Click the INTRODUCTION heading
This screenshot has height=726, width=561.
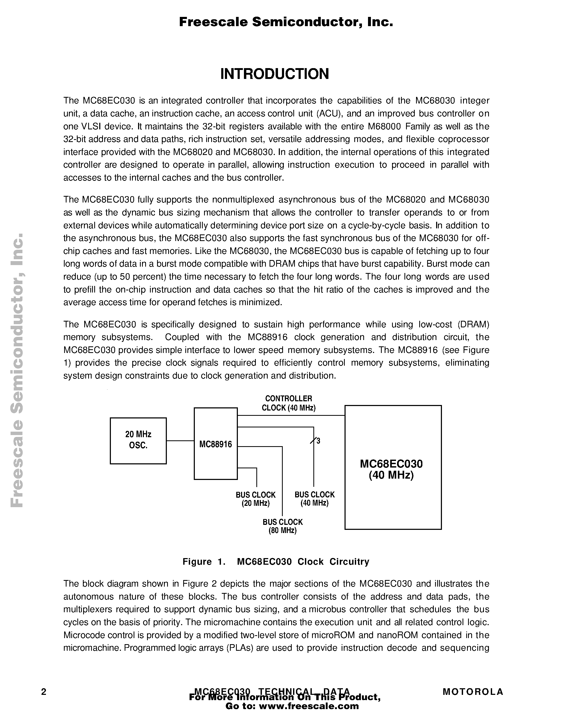(x=275, y=74)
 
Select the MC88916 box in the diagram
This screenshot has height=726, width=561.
(x=215, y=444)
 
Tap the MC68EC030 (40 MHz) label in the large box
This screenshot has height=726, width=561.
(x=391, y=469)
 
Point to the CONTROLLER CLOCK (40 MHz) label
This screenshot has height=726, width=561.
(x=289, y=403)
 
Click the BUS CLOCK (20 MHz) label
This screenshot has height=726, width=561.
(x=256, y=499)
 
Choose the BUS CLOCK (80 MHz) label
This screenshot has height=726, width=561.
(x=282, y=526)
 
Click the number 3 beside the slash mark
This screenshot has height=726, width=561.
(x=318, y=441)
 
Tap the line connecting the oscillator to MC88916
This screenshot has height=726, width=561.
(x=180, y=441)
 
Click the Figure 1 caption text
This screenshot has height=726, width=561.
(x=276, y=562)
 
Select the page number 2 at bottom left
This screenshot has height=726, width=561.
(x=44, y=692)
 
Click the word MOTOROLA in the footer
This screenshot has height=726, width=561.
(x=473, y=692)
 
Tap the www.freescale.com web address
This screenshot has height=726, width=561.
(x=309, y=706)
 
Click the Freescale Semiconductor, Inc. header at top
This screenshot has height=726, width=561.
(x=286, y=22)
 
